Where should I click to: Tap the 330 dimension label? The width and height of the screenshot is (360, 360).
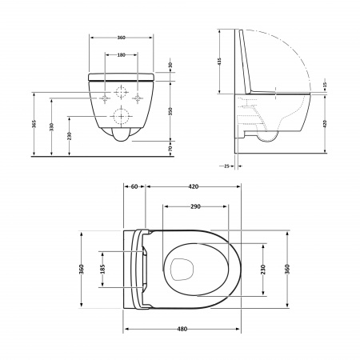coord(51,127)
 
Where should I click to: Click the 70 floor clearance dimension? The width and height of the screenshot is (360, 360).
coord(170,149)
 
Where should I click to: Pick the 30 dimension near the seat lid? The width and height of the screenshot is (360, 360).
coord(170,66)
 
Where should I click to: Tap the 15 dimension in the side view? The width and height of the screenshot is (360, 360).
coord(325,85)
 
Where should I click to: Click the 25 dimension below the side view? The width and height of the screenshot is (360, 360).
coord(227,166)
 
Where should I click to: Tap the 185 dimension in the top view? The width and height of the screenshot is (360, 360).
coord(102,270)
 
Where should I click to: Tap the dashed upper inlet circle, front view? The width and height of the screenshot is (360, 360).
coord(122,90)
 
